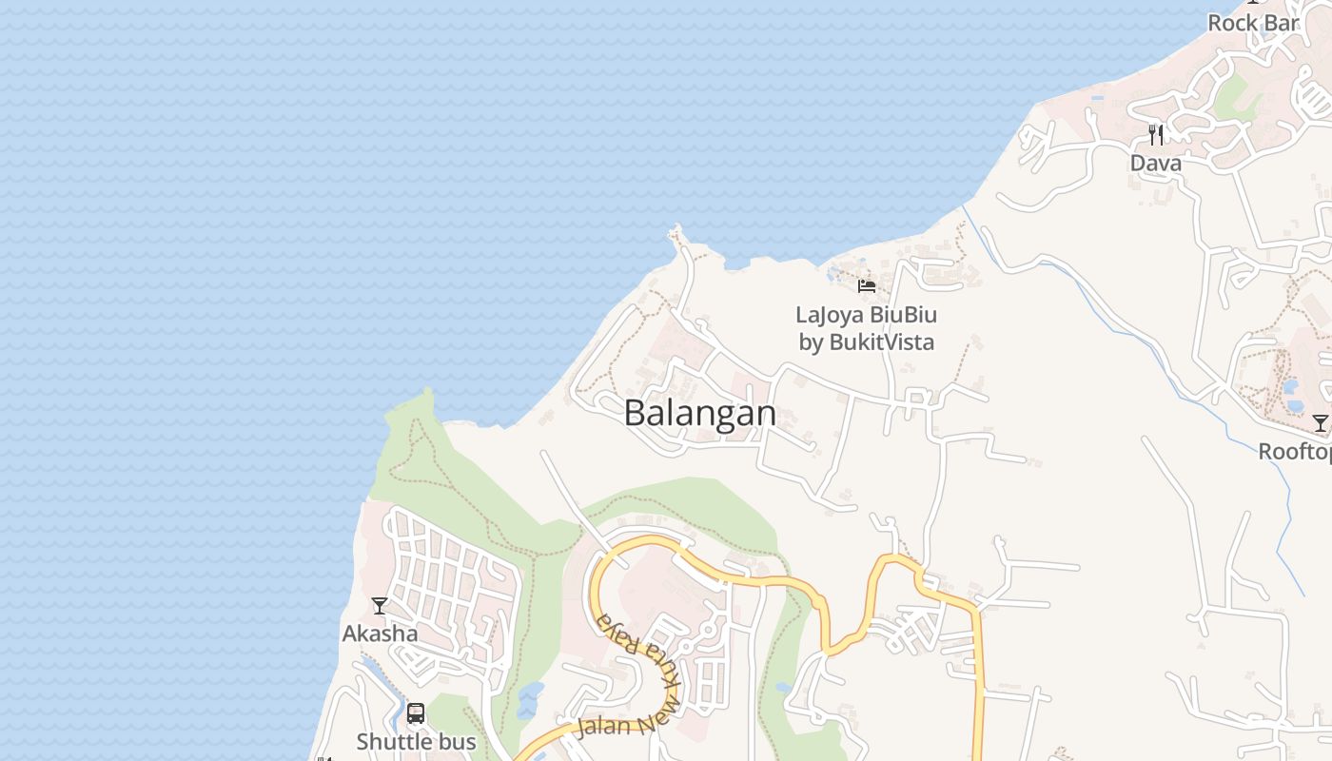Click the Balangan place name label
tap(700, 413)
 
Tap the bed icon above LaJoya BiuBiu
tap(867, 285)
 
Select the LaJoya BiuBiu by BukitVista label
tap(867, 328)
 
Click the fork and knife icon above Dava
tap(1156, 134)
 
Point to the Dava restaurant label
tap(1156, 164)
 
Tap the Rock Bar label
tap(1253, 23)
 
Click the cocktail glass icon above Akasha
tap(380, 605)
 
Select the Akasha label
tap(380, 634)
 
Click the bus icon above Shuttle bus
tap(416, 713)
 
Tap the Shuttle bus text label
tap(416, 742)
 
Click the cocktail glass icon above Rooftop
tap(1321, 423)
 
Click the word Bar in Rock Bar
tap(1281, 23)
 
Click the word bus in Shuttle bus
tap(456, 742)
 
